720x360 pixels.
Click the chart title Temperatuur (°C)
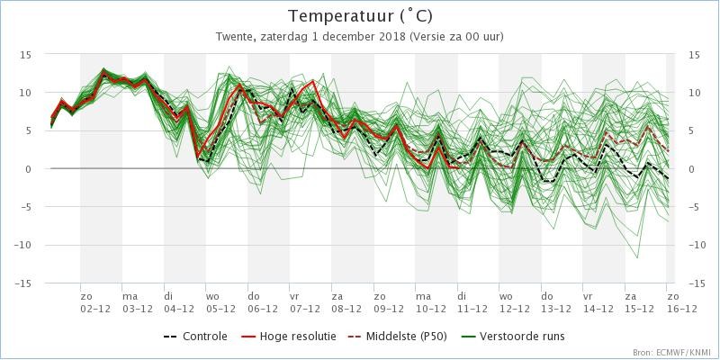coord(360,16)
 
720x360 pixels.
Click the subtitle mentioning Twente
coord(360,37)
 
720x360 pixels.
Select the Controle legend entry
coord(195,337)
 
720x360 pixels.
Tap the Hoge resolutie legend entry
coord(288,337)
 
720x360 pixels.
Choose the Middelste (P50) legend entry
coord(398,337)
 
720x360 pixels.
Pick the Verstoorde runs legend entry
coord(512,337)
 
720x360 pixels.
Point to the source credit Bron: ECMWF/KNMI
coord(673,352)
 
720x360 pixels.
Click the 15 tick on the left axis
coord(26,54)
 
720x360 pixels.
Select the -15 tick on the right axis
coord(697,283)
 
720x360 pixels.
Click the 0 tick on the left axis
coord(29,169)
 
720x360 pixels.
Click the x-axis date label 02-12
coord(95,310)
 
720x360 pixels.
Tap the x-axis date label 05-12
coord(220,310)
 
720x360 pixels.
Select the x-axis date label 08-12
coord(346,310)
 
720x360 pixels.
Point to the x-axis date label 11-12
coord(472,310)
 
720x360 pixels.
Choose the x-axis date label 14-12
coord(598,310)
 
